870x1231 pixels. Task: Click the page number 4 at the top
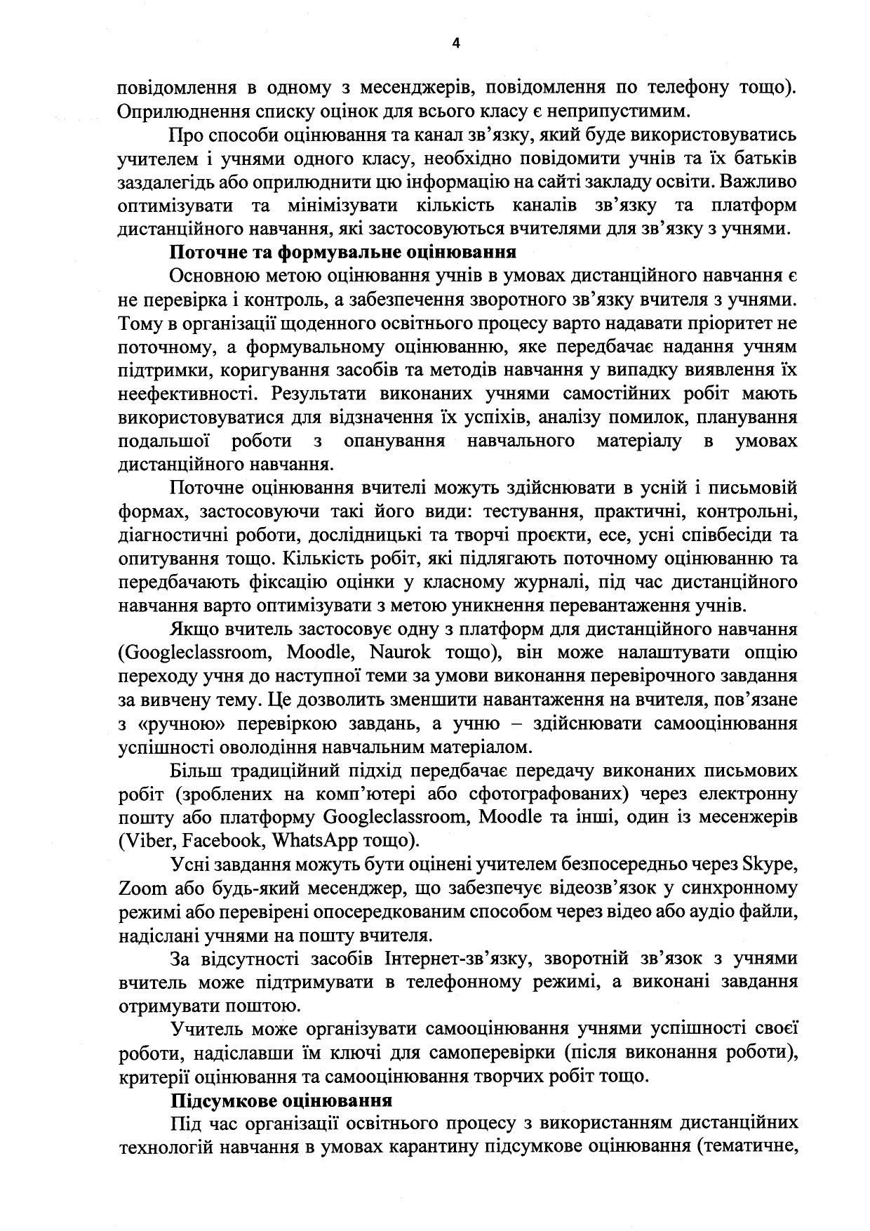click(456, 44)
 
